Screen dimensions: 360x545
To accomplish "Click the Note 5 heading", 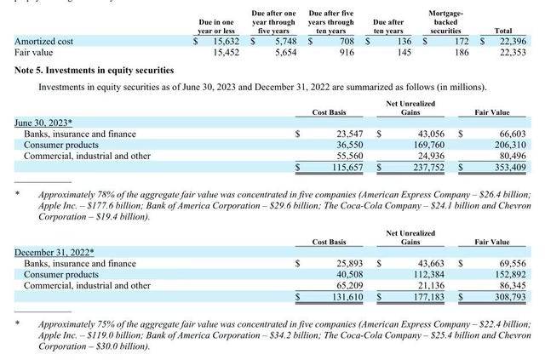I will [x=95, y=71].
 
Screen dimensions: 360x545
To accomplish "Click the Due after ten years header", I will [x=388, y=26].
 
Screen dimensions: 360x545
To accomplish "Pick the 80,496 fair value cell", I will [x=510, y=157].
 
